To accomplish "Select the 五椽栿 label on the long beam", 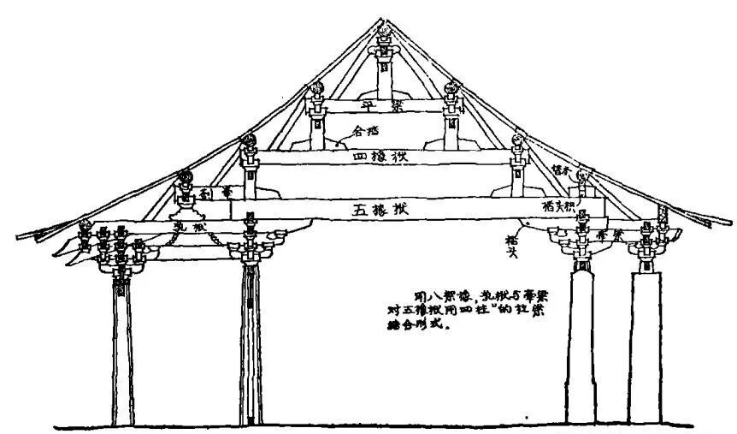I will (x=382, y=209).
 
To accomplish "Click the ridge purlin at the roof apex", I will (x=382, y=33).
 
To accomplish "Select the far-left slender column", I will (x=121, y=351).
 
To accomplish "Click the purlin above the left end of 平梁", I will (x=315, y=88).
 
